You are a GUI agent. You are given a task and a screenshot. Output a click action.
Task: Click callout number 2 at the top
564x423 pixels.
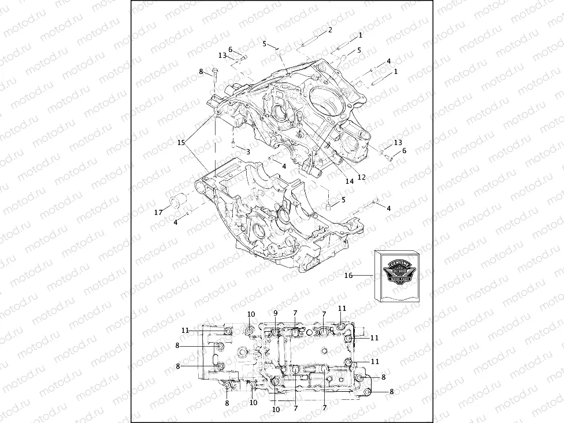(x=330, y=29)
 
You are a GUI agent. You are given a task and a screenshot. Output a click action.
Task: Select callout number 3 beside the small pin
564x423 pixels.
(x=247, y=151)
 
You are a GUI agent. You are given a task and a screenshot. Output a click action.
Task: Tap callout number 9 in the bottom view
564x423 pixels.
(x=276, y=313)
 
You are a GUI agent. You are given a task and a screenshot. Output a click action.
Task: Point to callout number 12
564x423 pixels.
(x=361, y=177)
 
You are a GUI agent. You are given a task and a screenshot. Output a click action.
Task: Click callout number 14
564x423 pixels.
(x=349, y=181)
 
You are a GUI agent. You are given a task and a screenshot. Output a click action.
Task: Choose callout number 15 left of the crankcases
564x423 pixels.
(x=181, y=142)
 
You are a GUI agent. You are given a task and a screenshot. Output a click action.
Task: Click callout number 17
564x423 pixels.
(x=158, y=213)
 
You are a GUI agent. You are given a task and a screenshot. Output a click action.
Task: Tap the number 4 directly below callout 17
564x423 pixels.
(x=176, y=222)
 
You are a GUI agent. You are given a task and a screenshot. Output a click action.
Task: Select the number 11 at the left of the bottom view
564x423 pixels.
(x=185, y=330)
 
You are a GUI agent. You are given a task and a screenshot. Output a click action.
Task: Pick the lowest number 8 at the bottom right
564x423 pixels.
(x=391, y=391)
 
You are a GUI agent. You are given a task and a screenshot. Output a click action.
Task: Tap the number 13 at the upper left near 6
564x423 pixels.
(x=222, y=55)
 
